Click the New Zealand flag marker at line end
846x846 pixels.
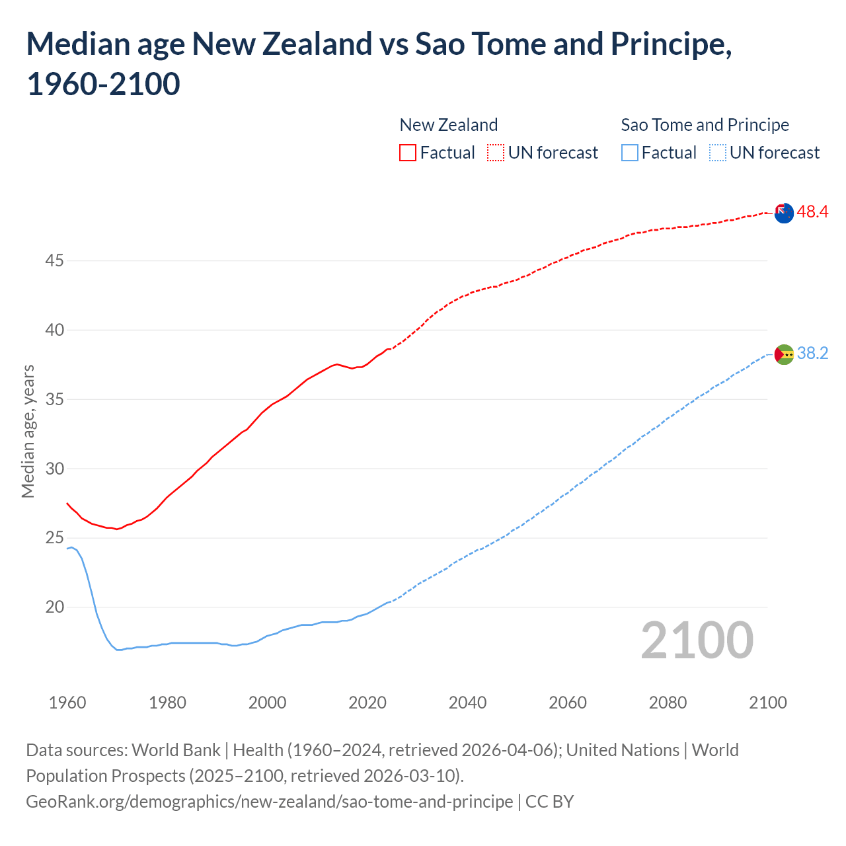pos(783,213)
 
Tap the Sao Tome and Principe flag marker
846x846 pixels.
pos(783,354)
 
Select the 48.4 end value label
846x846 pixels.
pos(812,212)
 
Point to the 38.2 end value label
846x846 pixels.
pos(812,354)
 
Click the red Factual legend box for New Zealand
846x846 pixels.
pos(408,153)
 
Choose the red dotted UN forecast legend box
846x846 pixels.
pos(496,153)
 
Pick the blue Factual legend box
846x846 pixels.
pos(630,153)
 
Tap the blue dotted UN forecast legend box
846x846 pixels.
pos(717,153)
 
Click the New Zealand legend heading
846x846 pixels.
pos(448,125)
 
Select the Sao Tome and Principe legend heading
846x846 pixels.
pos(705,125)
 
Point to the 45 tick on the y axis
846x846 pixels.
pos(54,261)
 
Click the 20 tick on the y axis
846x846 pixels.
pos(54,607)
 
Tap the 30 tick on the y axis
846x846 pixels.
pos(54,469)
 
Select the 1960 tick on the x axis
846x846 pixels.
pos(67,703)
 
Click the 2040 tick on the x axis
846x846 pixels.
pos(467,703)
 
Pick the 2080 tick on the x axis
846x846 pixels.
pos(668,703)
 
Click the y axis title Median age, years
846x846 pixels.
pos(28,431)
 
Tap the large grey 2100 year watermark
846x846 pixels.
pos(697,640)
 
